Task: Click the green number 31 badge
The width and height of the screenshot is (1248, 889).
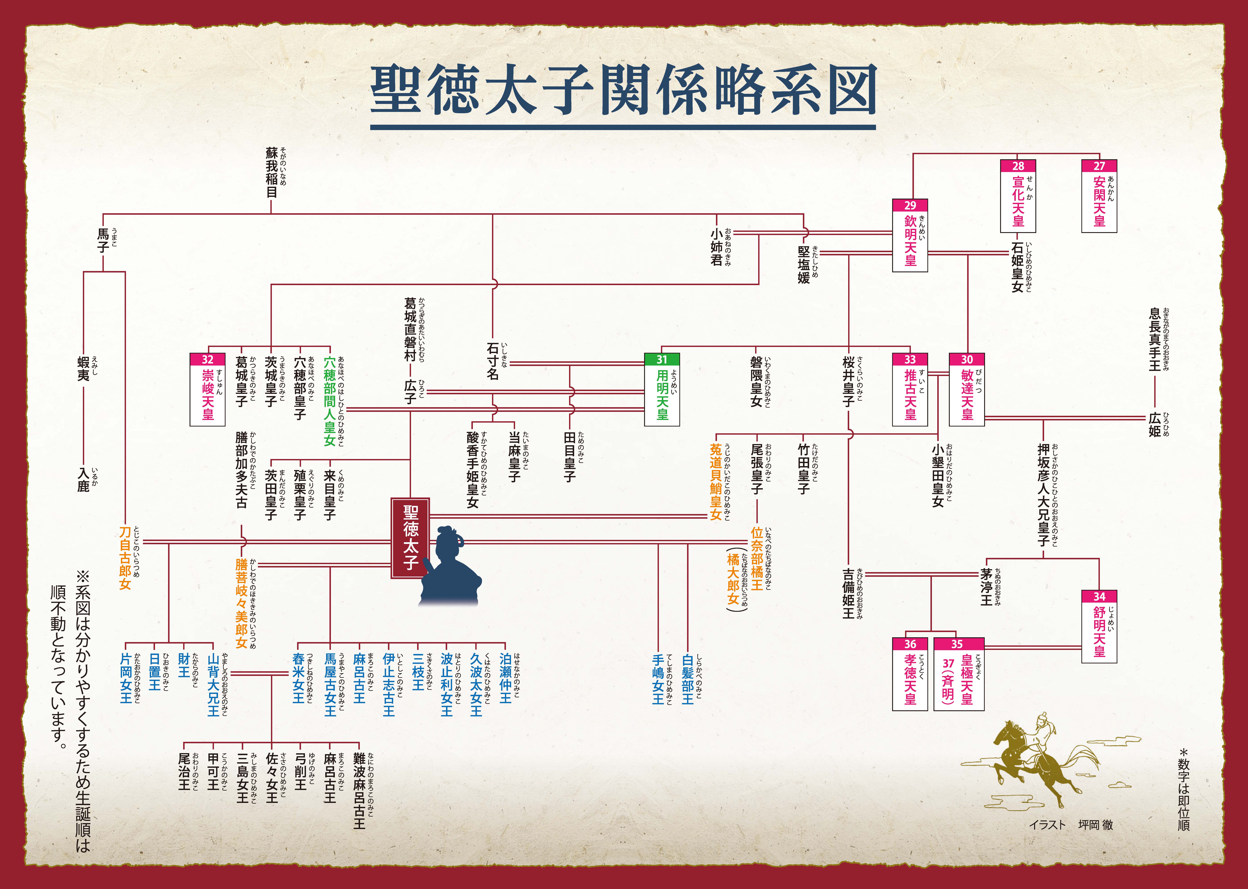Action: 662,359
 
